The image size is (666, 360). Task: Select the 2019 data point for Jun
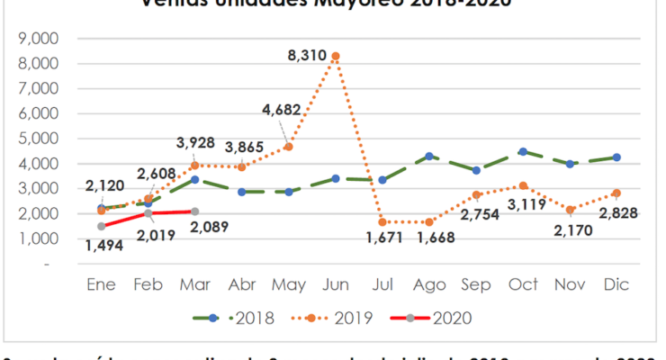pyautogui.click(x=336, y=56)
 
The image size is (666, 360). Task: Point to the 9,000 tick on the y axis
pyautogui.click(x=38, y=40)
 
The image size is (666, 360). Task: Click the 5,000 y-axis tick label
pyautogui.click(x=38, y=139)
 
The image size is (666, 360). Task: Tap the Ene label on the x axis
pyautogui.click(x=101, y=283)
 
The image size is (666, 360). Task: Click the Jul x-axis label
pyautogui.click(x=384, y=283)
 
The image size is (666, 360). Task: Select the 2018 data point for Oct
pyautogui.click(x=523, y=152)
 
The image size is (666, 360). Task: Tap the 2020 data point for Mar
pyautogui.click(x=195, y=211)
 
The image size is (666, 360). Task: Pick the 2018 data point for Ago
pyautogui.click(x=429, y=157)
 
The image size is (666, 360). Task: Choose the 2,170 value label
pyautogui.click(x=570, y=239)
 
